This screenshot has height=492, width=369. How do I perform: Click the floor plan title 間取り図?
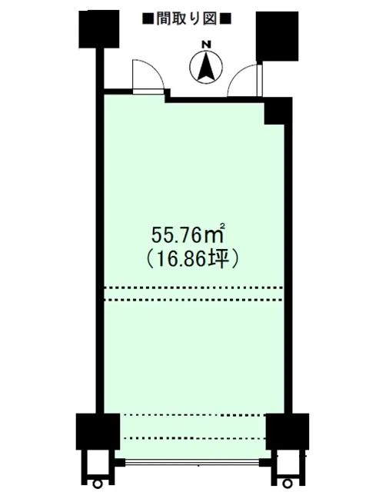(x=187, y=19)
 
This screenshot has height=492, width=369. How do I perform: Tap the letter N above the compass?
(x=206, y=45)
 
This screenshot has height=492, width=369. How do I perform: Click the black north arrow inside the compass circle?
(x=206, y=66)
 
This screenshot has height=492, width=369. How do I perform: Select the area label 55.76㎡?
(x=188, y=234)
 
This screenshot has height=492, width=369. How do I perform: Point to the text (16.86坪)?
(x=193, y=260)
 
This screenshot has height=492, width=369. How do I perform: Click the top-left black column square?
(x=99, y=29)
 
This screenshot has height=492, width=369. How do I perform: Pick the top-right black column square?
(x=278, y=36)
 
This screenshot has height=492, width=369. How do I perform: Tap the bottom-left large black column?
(x=98, y=431)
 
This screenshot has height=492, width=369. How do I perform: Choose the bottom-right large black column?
(x=288, y=432)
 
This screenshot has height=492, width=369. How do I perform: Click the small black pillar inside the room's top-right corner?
(x=274, y=111)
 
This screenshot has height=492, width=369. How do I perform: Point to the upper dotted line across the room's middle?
(x=194, y=288)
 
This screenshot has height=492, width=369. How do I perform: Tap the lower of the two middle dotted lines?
(x=194, y=300)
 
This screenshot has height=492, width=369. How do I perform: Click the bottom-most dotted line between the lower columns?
(x=193, y=438)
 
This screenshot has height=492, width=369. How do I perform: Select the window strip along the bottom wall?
(x=192, y=463)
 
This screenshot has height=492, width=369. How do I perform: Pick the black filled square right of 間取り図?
(x=226, y=19)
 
